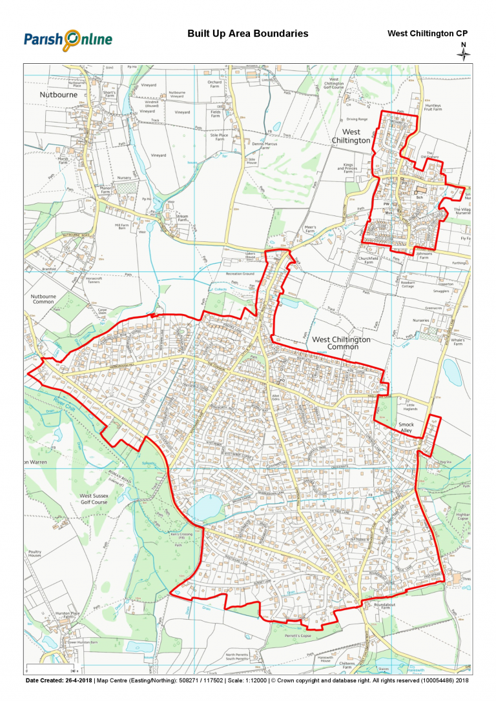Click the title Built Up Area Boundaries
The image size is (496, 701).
[x=247, y=34]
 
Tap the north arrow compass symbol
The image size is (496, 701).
[x=463, y=52]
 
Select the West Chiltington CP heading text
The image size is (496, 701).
[x=427, y=34]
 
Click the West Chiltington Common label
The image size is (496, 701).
[x=341, y=343]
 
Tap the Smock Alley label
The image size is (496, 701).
[x=406, y=428]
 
